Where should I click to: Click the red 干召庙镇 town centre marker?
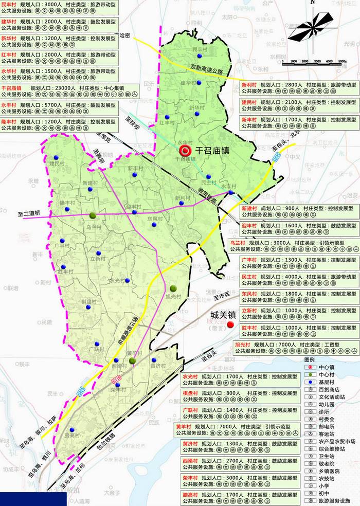click(x=186, y=151)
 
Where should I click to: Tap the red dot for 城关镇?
click(x=230, y=324)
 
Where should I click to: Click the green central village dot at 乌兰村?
click(x=93, y=215)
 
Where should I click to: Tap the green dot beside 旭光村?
click(x=173, y=288)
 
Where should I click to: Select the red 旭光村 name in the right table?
click(x=243, y=344)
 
